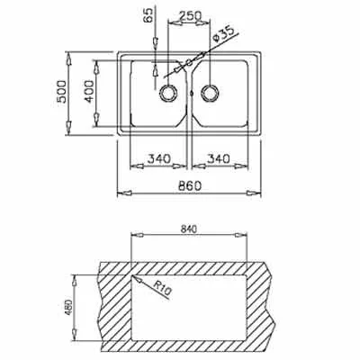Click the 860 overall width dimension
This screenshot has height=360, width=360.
[189, 186]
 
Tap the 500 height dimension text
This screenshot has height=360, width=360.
[62, 92]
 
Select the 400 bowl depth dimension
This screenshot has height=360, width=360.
[89, 92]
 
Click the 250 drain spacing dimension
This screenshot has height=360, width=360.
[190, 16]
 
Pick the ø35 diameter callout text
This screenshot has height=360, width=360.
[222, 36]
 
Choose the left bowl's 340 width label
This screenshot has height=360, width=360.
[158, 158]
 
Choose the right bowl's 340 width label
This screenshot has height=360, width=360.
[218, 158]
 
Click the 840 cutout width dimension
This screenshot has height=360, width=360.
[189, 229]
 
